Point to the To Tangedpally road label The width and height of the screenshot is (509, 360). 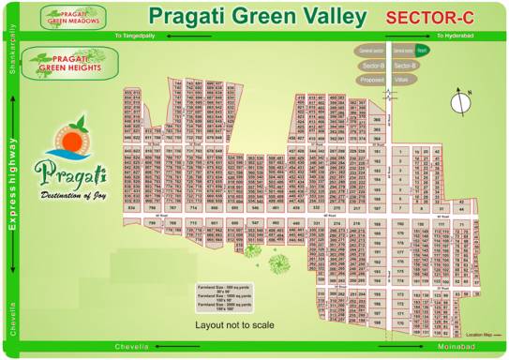pyautogui.click(x=136, y=36)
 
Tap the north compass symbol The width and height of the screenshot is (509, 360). pyautogui.click(x=460, y=102)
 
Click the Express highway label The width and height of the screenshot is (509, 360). pyautogui.click(x=13, y=183)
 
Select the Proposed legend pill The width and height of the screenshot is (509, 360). pyautogui.click(x=373, y=81)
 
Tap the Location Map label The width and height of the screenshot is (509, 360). pyautogui.click(x=481, y=335)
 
